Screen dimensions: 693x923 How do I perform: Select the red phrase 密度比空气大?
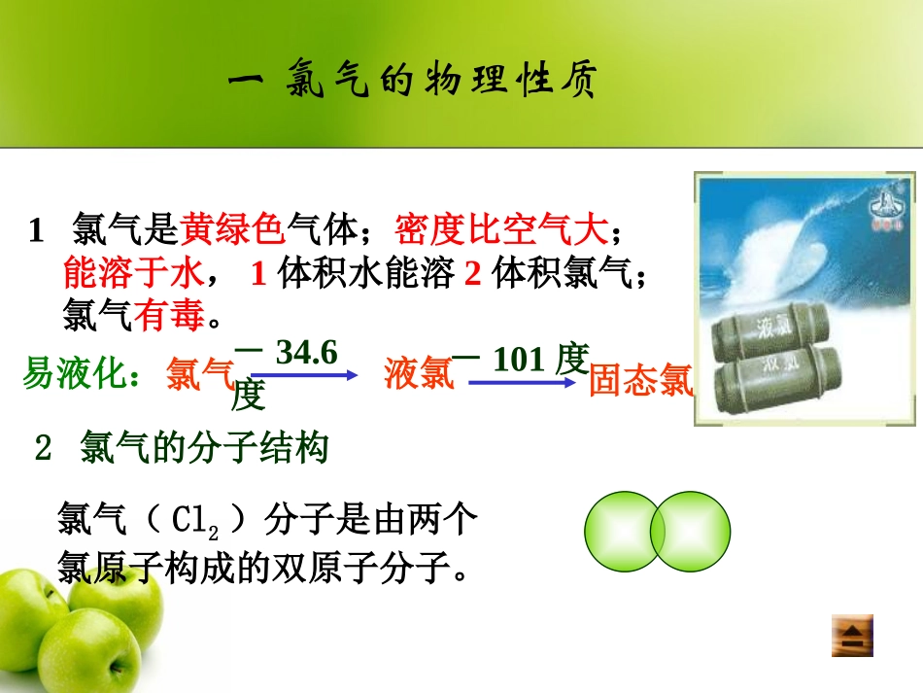click(501, 230)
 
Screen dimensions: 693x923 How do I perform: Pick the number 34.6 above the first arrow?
click(306, 352)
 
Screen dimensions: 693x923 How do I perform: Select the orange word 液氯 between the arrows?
click(419, 373)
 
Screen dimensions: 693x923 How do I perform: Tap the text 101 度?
click(540, 360)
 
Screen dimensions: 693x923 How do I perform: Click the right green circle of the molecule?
click(692, 532)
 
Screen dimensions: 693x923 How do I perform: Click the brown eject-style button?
click(851, 637)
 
